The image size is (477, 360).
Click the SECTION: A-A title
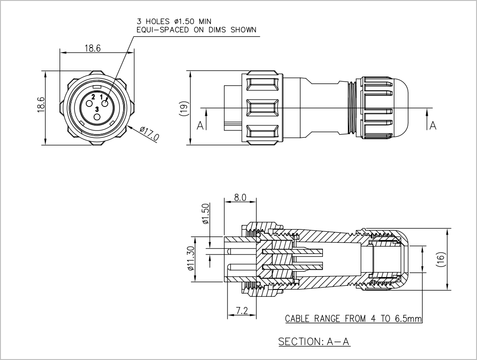click(x=314, y=342)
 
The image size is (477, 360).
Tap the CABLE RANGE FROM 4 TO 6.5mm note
click(x=353, y=319)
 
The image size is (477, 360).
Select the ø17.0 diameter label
click(x=149, y=133)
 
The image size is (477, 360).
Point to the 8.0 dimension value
click(x=240, y=197)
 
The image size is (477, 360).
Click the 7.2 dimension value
click(x=242, y=310)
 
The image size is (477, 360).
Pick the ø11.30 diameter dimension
click(x=191, y=259)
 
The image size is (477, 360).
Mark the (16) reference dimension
click(x=441, y=260)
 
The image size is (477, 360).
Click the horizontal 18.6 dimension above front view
click(x=93, y=48)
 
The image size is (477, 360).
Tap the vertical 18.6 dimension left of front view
click(x=41, y=105)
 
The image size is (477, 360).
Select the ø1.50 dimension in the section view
click(x=206, y=214)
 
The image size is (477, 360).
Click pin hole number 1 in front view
click(x=105, y=104)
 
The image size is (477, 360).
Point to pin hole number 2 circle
click(x=89, y=104)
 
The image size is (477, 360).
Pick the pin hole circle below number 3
click(x=97, y=117)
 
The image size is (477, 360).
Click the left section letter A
click(x=200, y=125)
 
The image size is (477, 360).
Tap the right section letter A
click(x=433, y=125)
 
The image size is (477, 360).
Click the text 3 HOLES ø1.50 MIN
click(x=174, y=21)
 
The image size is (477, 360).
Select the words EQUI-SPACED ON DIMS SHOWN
click(x=197, y=30)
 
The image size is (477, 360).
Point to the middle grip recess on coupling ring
click(x=263, y=108)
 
